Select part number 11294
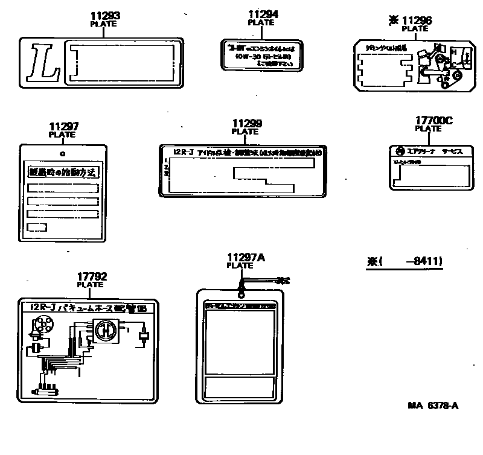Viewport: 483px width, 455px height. pyautogui.click(x=261, y=14)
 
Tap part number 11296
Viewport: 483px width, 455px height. pyautogui.click(x=419, y=20)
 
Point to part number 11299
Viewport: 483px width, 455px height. pyautogui.click(x=247, y=123)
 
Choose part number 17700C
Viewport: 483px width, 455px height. pyautogui.click(x=433, y=121)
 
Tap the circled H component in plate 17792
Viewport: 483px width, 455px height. pyautogui.click(x=104, y=331)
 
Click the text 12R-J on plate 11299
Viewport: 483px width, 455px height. pyautogui.click(x=182, y=152)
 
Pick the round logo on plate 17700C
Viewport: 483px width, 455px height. pyautogui.click(x=399, y=151)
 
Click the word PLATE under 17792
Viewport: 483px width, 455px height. pyautogui.click(x=90, y=284)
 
